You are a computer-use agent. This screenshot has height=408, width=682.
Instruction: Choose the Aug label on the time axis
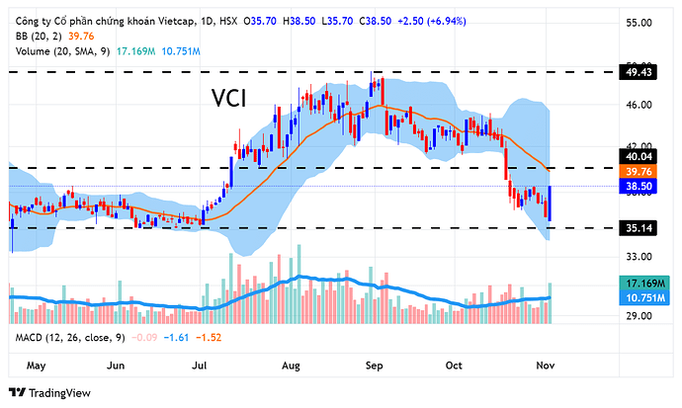[x=292, y=366]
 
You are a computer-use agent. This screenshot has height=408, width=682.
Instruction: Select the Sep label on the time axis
[x=376, y=366]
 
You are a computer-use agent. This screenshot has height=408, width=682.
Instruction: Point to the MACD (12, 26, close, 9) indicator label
[x=69, y=338]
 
